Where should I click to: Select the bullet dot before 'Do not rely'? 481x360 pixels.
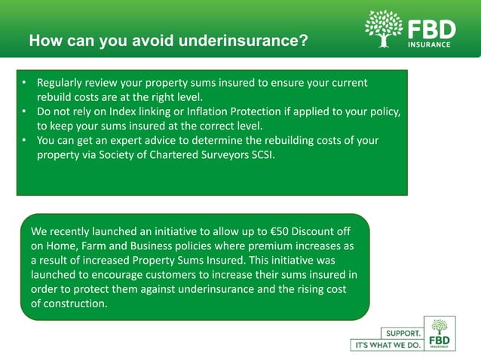(25, 111)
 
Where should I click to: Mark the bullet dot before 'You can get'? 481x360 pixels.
(25, 140)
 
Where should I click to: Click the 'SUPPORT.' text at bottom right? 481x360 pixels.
(403, 332)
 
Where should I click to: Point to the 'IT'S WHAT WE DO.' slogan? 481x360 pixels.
(386, 345)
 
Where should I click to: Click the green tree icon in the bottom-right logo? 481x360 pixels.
(439, 327)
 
